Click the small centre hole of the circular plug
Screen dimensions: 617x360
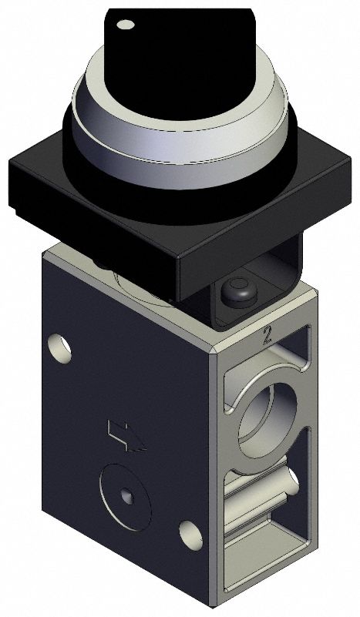coord(126,495)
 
